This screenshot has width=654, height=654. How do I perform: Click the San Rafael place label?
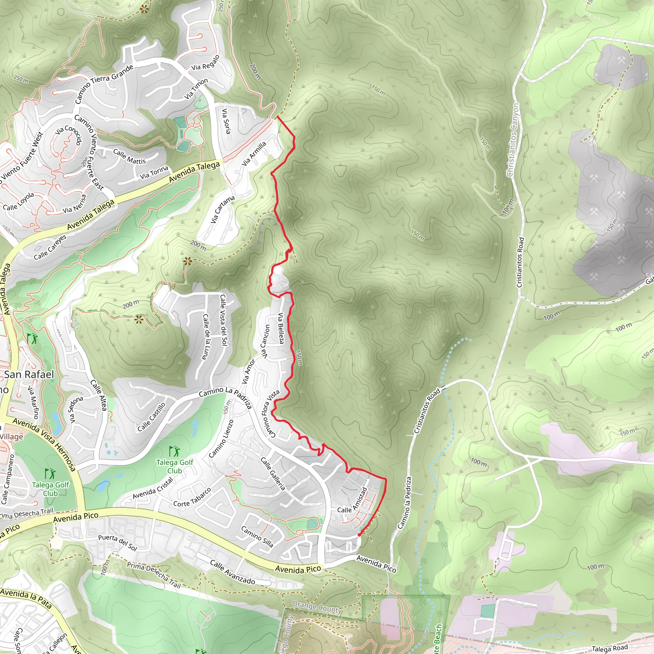tap(29, 374)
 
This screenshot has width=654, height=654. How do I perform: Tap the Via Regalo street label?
tap(205, 63)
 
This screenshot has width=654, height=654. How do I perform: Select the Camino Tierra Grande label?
tap(104, 84)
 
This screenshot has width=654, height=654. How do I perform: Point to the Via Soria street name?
tap(226, 121)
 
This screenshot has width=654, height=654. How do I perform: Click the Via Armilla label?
tap(254, 154)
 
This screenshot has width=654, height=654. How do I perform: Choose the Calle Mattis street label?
tap(129, 156)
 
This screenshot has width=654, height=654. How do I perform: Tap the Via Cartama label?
tap(222, 209)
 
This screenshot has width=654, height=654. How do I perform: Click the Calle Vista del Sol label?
tap(224, 320)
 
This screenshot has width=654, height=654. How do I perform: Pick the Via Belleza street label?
tap(281, 328)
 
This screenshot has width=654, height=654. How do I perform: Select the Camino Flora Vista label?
tap(270, 413)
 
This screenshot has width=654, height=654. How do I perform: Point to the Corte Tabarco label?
tap(192, 498)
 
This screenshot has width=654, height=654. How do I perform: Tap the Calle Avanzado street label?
tap(232, 572)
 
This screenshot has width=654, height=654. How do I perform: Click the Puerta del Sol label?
tap(118, 543)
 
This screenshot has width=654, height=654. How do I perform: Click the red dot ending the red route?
tap(359, 535)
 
